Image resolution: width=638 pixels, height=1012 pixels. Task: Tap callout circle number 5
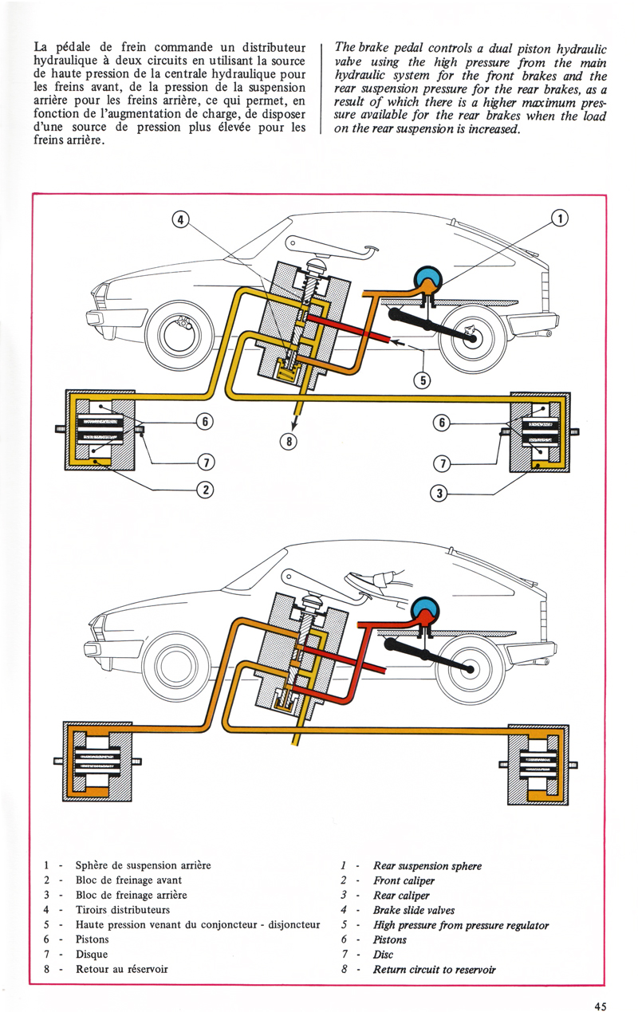coord(423,380)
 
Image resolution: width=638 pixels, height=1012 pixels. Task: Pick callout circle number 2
coord(205,490)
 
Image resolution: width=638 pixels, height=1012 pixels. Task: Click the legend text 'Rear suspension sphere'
coord(427,865)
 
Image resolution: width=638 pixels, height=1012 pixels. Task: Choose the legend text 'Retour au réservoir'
coord(122,969)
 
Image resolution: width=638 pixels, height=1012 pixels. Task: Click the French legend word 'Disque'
coord(93,954)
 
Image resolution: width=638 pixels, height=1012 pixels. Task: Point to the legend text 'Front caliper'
coord(401,880)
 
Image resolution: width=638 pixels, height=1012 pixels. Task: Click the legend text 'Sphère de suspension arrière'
coord(144,864)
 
